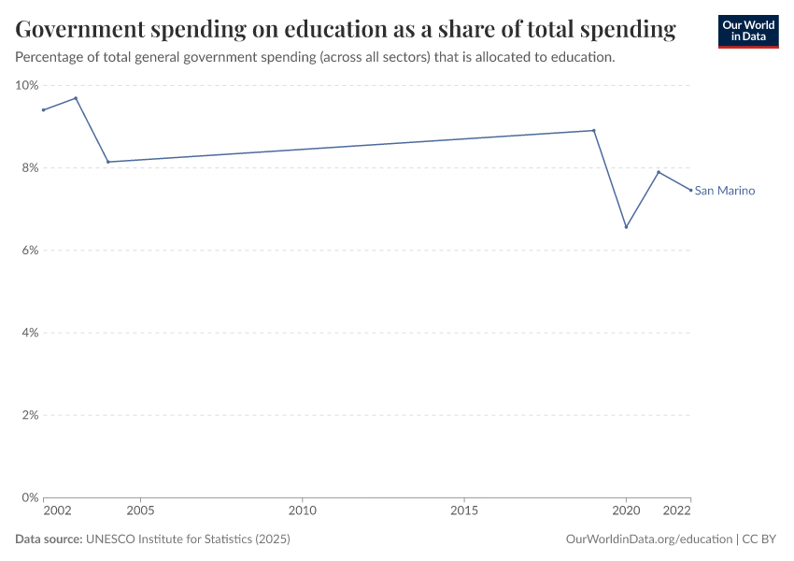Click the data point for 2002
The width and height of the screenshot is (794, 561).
[x=43, y=109]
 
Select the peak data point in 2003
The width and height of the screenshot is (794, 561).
[x=76, y=98]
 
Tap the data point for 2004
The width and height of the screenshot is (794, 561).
[x=108, y=162]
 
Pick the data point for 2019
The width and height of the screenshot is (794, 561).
[x=594, y=130]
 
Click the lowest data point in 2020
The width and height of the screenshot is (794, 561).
[x=626, y=227]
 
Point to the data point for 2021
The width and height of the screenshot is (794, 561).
[x=659, y=172]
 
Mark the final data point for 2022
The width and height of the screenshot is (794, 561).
[x=691, y=190]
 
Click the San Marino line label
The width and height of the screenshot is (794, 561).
[x=725, y=191]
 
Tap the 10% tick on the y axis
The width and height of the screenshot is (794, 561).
[x=26, y=85]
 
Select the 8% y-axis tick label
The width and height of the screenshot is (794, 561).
[x=28, y=168]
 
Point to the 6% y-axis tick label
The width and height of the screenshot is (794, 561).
[x=28, y=251]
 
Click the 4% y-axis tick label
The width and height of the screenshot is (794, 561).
[x=28, y=333]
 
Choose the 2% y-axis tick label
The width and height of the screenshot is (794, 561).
[x=28, y=415]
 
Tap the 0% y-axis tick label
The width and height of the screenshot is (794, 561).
[x=28, y=497]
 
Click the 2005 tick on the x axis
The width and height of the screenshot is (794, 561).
[x=140, y=511]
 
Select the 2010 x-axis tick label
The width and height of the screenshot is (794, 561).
[x=302, y=511]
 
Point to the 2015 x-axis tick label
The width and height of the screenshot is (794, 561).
[x=464, y=511]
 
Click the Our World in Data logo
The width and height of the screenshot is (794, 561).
[x=747, y=31]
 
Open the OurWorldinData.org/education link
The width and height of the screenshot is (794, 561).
[x=649, y=539]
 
